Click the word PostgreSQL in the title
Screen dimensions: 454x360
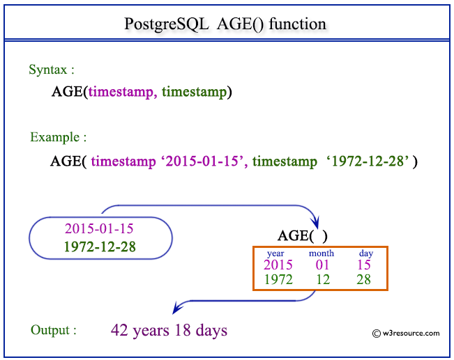point(167,24)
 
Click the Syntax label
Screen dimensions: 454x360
point(52,70)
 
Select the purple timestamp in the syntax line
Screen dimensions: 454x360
point(121,92)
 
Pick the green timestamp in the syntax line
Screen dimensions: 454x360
point(195,92)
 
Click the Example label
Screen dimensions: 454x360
point(58,137)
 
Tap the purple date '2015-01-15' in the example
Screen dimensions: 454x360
point(202,161)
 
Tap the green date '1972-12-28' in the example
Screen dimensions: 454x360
point(368,161)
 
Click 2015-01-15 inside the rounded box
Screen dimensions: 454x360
point(99,228)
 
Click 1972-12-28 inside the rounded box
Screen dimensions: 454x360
point(100,246)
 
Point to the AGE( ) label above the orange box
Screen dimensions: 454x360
point(302,235)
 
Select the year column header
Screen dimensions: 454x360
point(275,253)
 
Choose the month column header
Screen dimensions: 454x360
point(321,253)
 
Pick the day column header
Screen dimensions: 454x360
point(366,253)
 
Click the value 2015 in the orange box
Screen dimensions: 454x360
point(278,265)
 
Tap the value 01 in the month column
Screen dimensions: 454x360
point(322,265)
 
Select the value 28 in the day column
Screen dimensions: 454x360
point(363,279)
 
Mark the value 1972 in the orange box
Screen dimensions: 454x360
point(278,279)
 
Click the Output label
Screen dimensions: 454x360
point(54,330)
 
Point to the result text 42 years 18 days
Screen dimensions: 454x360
point(169,330)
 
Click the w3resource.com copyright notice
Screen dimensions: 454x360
point(406,333)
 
